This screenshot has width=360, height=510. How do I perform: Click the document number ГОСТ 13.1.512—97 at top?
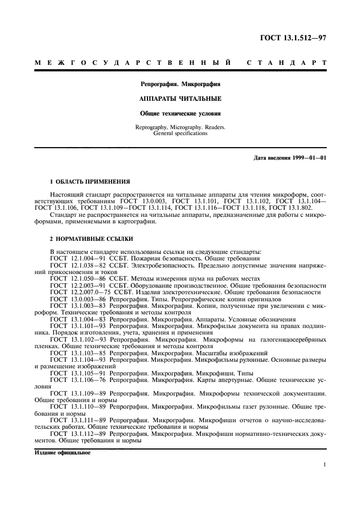[292, 38]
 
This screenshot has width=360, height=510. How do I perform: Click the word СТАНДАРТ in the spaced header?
[286, 63]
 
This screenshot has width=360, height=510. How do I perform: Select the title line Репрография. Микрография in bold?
[181, 84]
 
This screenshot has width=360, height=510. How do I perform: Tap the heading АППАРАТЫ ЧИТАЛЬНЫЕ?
[181, 99]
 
